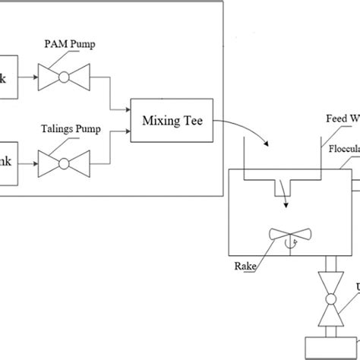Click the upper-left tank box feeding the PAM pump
coord(8,76)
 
